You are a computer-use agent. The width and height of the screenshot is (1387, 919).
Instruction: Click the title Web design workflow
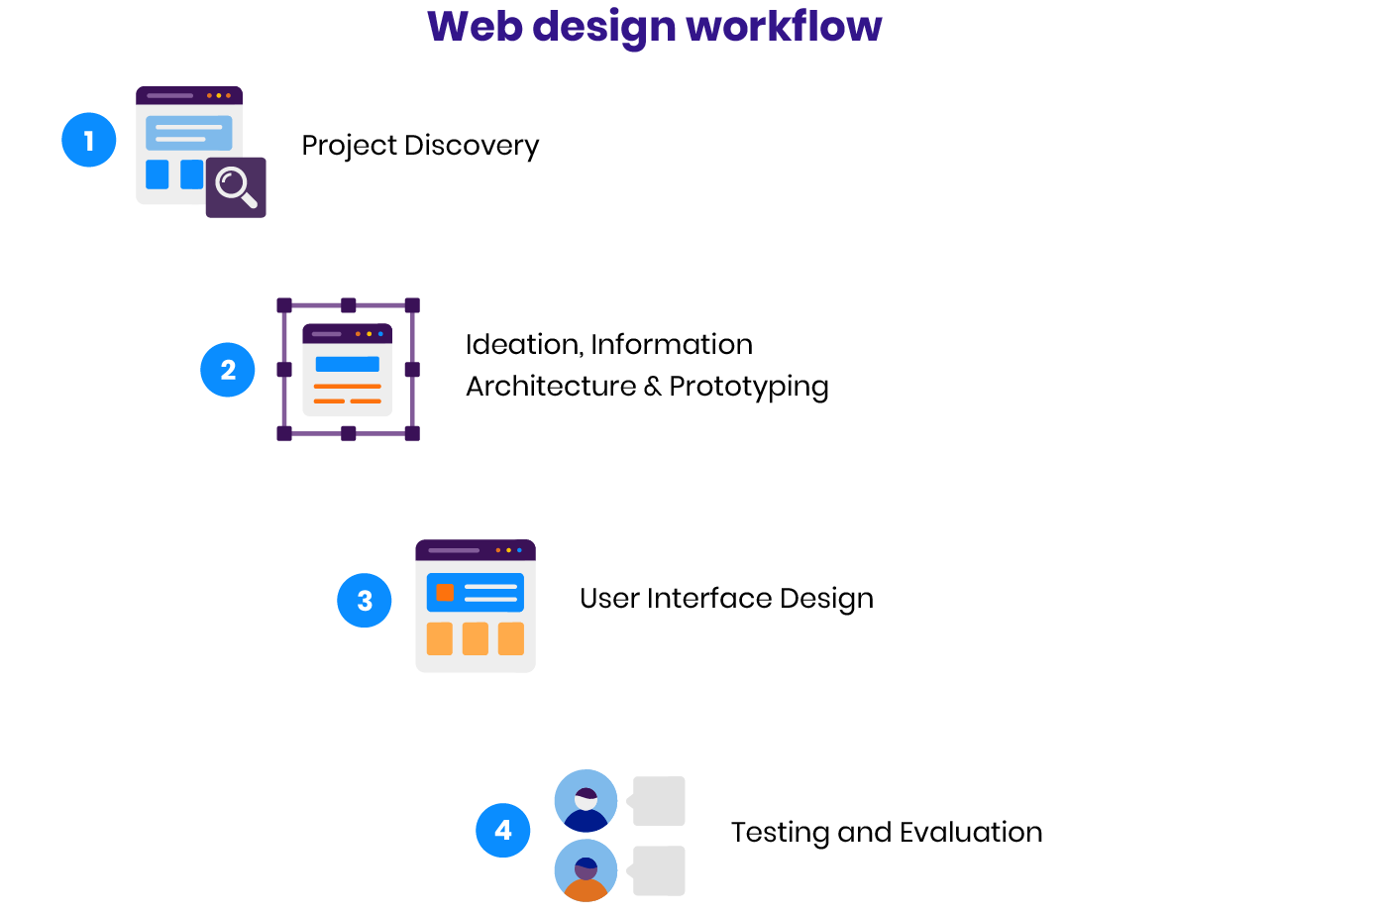[x=654, y=27]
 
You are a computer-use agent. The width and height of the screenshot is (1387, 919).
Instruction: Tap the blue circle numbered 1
[x=89, y=140]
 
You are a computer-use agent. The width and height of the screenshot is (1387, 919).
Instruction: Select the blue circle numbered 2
[x=228, y=370]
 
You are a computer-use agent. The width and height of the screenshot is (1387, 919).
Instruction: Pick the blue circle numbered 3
[x=365, y=601]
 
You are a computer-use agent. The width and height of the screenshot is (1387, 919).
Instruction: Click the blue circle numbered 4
[x=503, y=830]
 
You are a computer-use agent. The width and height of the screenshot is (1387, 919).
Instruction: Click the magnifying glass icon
[x=236, y=186]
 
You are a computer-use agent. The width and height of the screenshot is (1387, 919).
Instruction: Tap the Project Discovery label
[x=420, y=146]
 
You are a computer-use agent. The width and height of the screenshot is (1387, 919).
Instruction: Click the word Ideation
[x=523, y=345]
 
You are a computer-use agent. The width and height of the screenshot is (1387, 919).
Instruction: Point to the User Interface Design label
[x=726, y=599]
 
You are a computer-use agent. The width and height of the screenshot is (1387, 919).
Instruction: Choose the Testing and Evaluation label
[x=887, y=832]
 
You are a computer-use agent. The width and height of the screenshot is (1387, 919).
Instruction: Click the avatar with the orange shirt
[x=586, y=870]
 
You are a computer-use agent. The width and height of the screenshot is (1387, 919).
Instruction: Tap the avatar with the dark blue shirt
[x=586, y=801]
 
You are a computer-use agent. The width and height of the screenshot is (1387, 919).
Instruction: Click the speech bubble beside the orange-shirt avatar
[x=658, y=870]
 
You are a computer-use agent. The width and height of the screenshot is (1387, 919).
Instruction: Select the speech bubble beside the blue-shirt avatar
[x=658, y=801]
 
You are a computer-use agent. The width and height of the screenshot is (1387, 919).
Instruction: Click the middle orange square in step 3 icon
[x=476, y=638]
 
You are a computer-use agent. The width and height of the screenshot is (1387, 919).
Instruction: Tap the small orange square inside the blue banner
[x=445, y=593]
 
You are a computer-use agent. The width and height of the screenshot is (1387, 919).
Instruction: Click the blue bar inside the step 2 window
[x=347, y=364]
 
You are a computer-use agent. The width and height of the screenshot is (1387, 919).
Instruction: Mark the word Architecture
[x=551, y=387]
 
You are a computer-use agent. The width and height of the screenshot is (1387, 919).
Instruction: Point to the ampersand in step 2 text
[x=652, y=387]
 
